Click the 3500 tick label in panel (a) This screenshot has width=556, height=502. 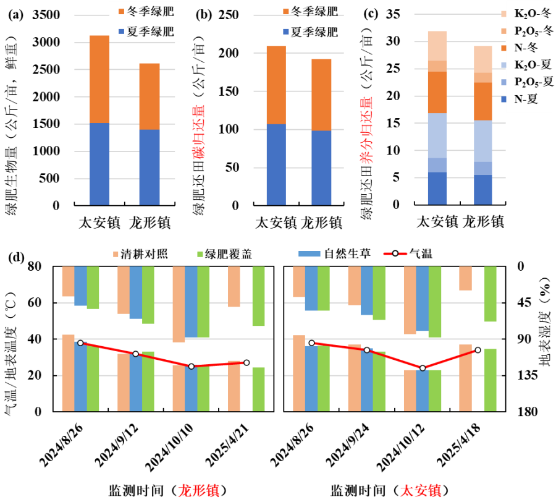point(46,15)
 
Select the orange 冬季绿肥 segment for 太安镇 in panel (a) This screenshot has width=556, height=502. point(99,79)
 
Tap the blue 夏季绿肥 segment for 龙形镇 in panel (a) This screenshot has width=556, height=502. point(150,168)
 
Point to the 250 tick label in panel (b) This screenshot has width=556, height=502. point(229,15)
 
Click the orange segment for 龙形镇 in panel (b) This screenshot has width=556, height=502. point(321,95)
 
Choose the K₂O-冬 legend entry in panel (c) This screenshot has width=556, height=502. point(526,14)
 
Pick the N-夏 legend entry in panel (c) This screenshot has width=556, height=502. point(519,99)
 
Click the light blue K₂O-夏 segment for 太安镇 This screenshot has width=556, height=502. point(437,135)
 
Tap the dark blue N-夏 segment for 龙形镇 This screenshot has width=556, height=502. point(483,190)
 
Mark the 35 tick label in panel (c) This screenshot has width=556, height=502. point(393,14)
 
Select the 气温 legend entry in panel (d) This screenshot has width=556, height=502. point(408,253)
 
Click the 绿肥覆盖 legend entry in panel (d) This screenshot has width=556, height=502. point(224,254)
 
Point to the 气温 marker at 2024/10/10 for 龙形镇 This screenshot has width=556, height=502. point(191,366)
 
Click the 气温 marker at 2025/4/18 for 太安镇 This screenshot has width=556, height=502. point(478,350)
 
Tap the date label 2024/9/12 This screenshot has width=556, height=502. point(116,445)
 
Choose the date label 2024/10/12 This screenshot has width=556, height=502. point(400,447)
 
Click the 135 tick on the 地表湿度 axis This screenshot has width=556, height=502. point(528,375)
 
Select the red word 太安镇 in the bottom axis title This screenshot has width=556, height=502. point(421,491)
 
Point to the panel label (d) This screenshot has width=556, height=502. point(15,258)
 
